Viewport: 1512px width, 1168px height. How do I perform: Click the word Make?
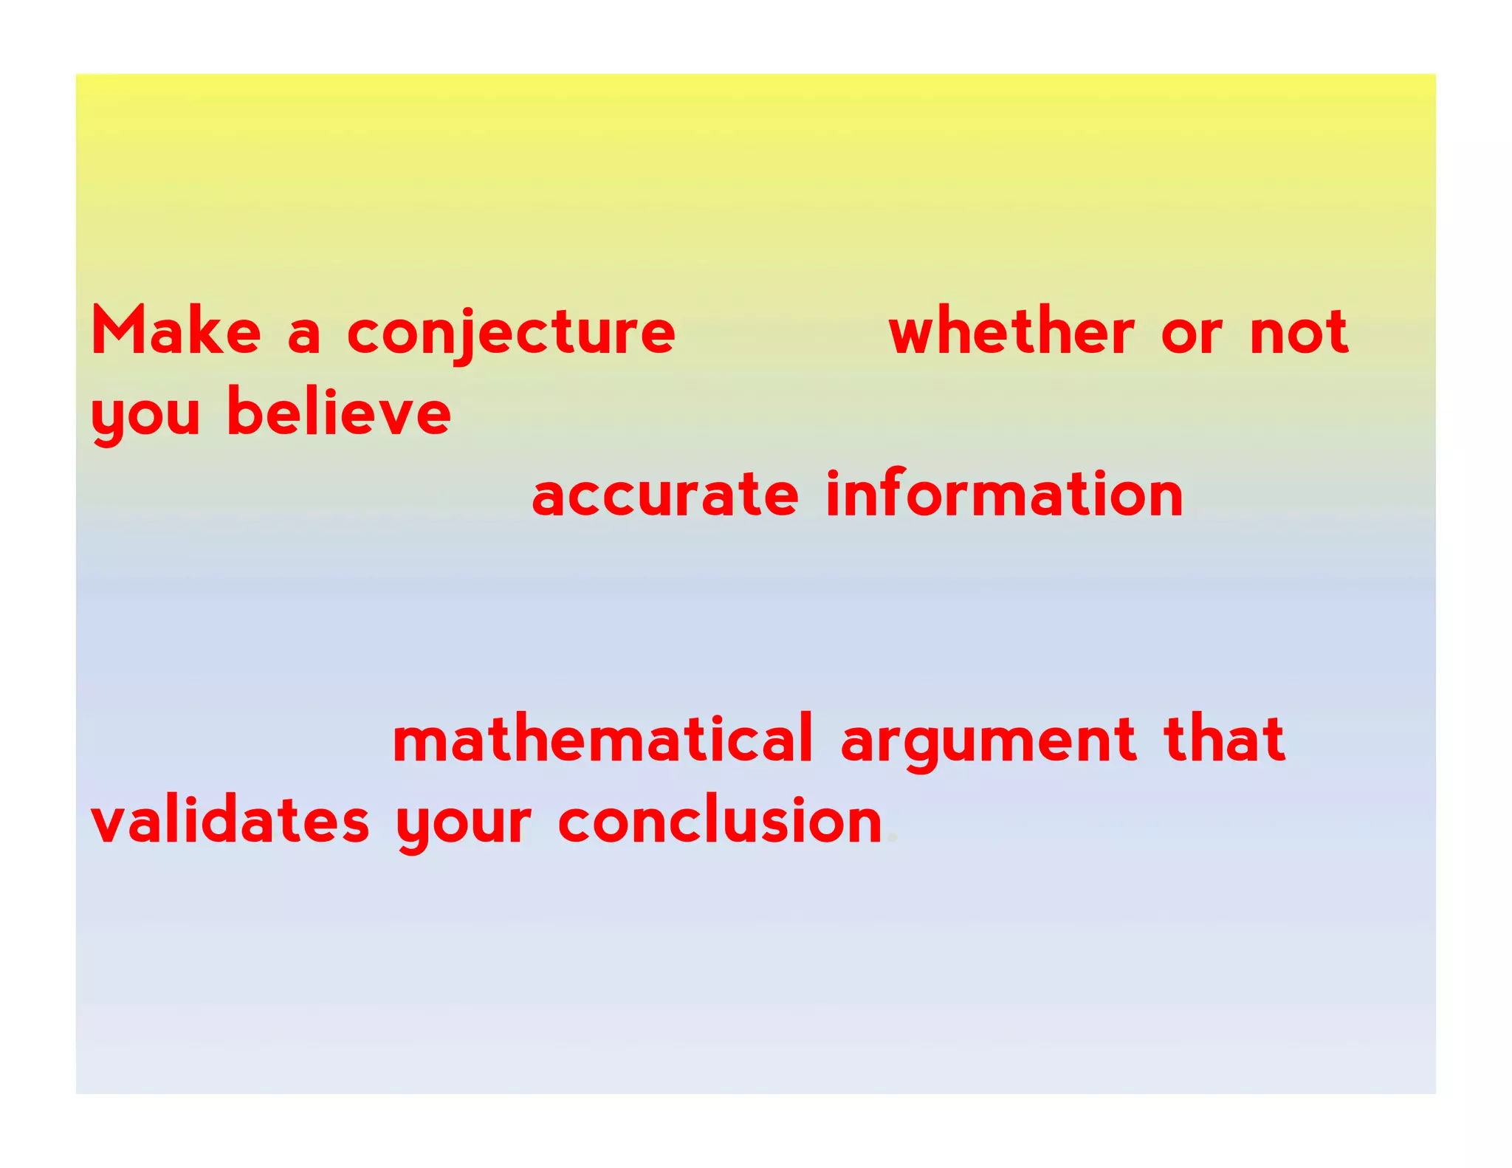(x=176, y=331)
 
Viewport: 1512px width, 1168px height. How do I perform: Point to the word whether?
(x=1011, y=331)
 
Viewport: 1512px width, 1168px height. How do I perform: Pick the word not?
(x=1299, y=333)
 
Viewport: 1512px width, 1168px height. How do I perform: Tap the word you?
(x=145, y=416)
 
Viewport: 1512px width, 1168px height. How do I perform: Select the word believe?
(x=339, y=411)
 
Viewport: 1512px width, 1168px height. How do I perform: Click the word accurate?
(x=664, y=495)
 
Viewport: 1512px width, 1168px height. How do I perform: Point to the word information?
(x=1004, y=492)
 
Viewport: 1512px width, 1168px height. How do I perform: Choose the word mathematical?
(x=602, y=738)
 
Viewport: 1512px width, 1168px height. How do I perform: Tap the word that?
(x=1224, y=738)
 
